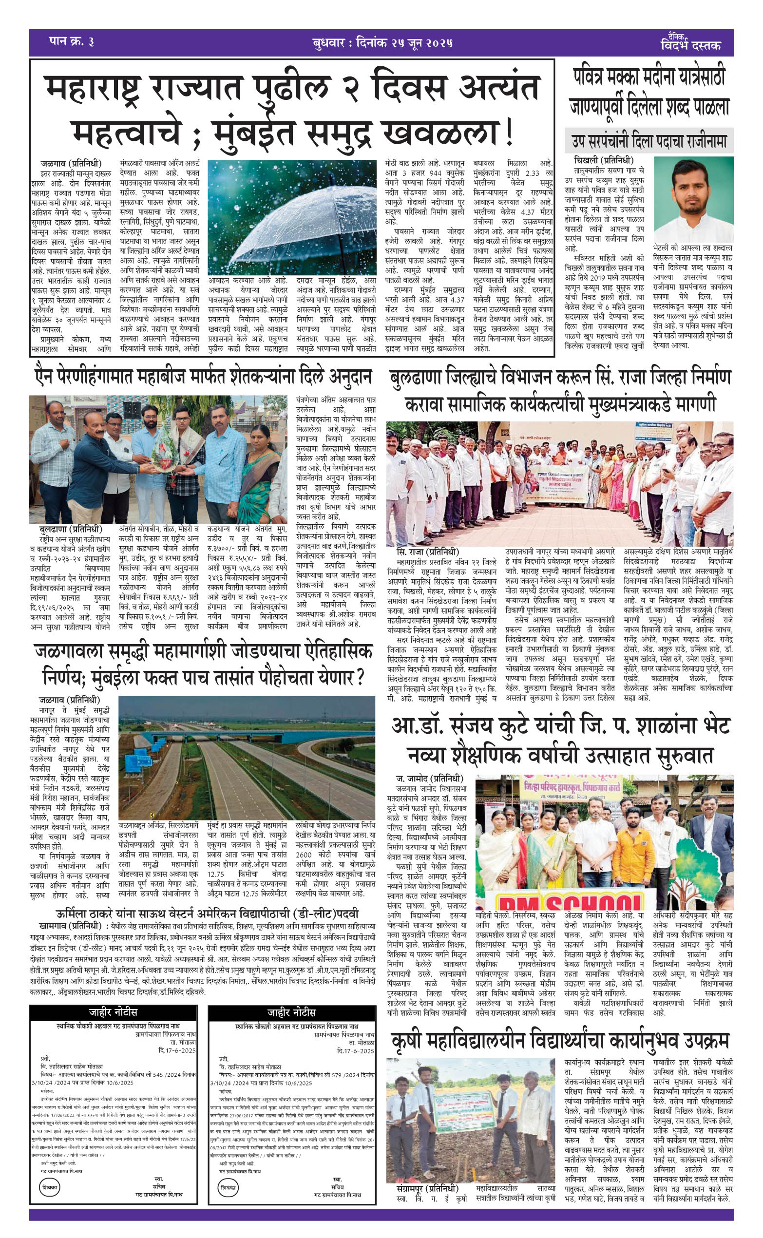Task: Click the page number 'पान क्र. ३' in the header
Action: click(x=71, y=41)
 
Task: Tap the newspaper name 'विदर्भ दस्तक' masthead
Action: click(x=690, y=44)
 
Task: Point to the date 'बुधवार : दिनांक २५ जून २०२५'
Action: click(x=382, y=42)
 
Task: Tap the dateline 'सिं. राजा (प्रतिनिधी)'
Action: click(x=427, y=552)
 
